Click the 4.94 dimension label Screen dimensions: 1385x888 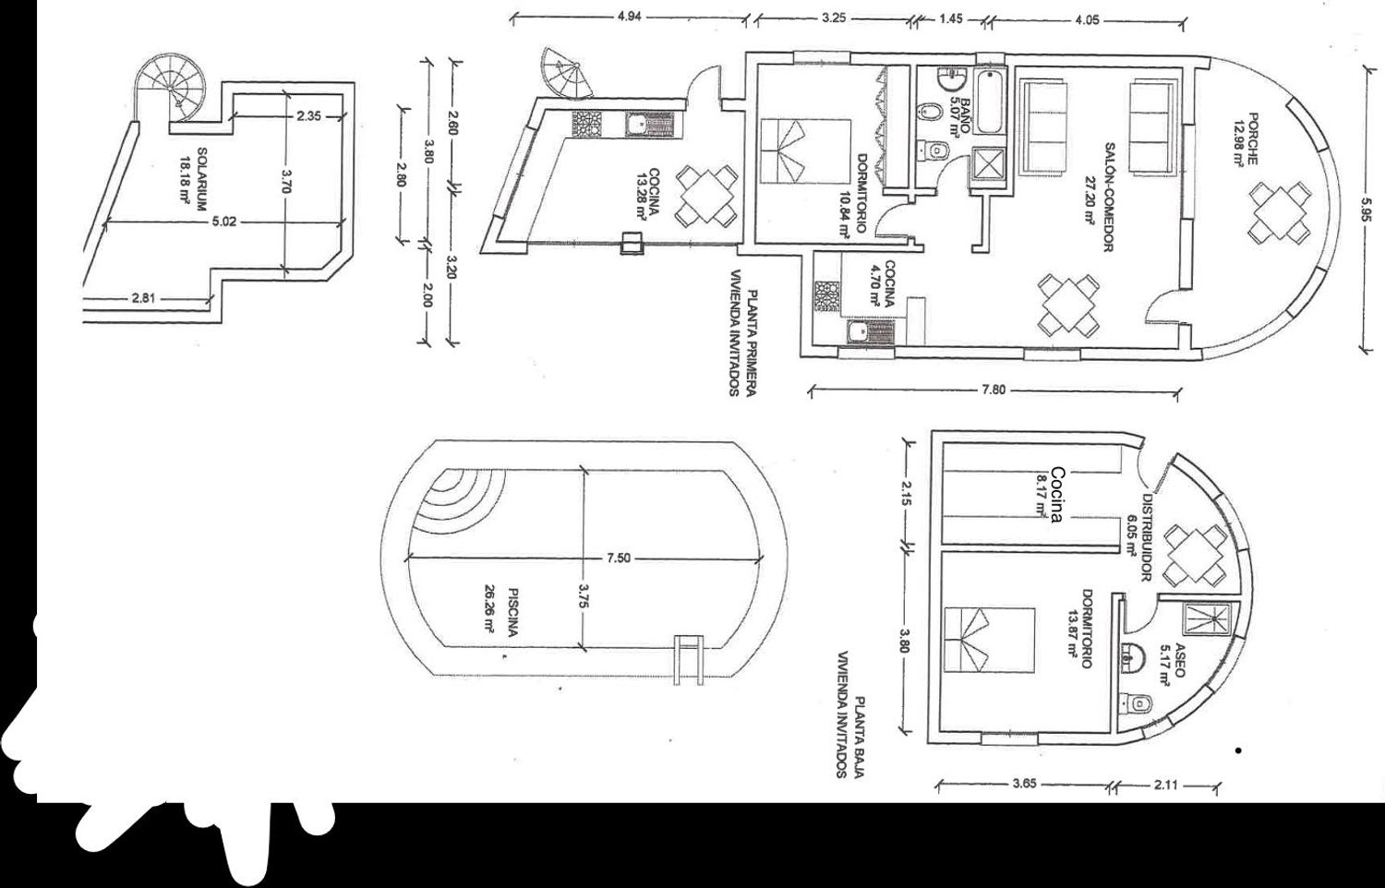point(630,18)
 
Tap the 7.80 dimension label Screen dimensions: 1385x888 point(994,390)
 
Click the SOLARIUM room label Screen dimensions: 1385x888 point(201,179)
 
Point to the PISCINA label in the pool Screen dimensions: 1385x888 point(512,611)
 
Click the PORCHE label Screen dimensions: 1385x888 point(1253,138)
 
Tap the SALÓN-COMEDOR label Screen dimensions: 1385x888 point(1110,198)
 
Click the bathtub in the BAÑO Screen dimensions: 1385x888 point(991,102)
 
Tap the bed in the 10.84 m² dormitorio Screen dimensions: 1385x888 point(805,151)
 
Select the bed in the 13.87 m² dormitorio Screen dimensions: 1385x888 point(990,641)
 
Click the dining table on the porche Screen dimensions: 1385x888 point(1279,213)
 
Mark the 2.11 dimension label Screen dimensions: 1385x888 point(1165,786)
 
